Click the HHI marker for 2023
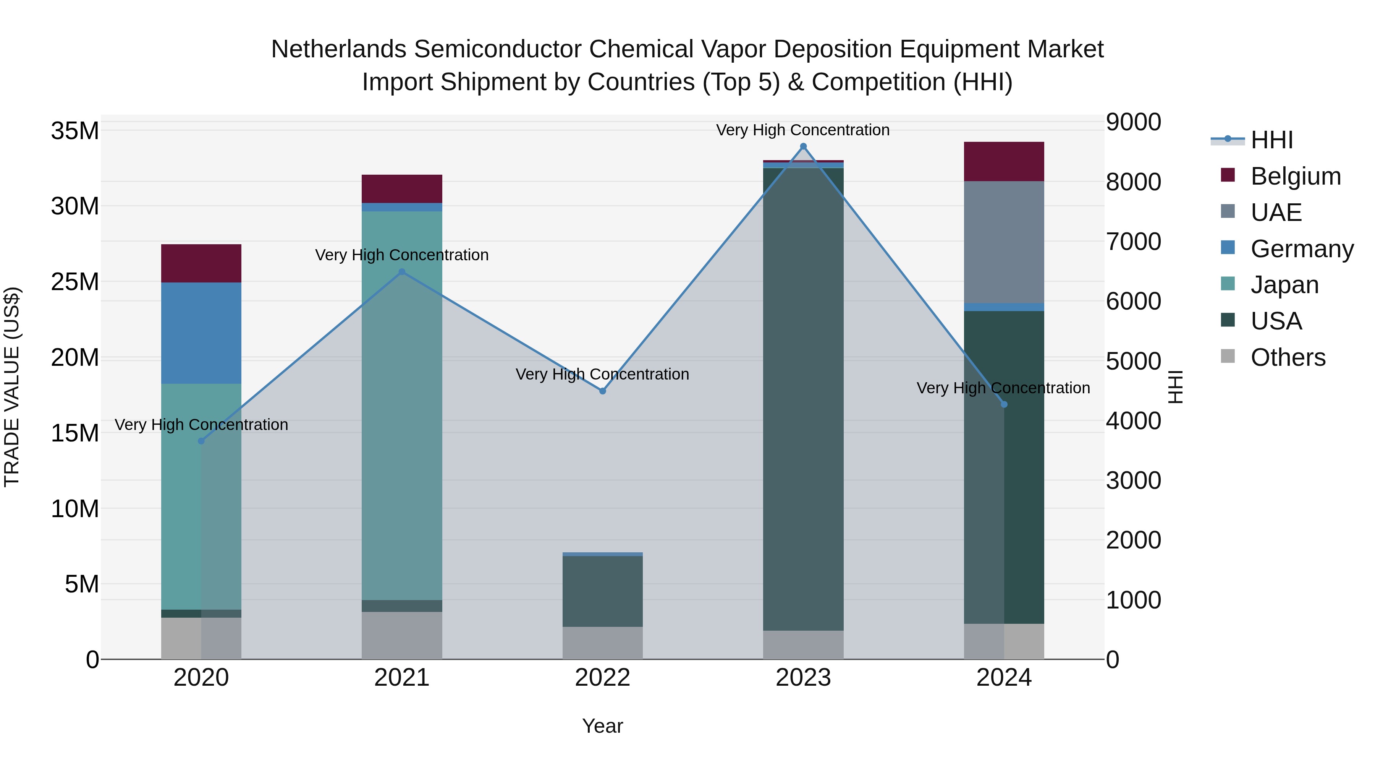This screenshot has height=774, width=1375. pyautogui.click(x=803, y=146)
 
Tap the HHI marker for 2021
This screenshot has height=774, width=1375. pyautogui.click(x=402, y=272)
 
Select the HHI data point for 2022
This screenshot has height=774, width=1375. pyautogui.click(x=603, y=391)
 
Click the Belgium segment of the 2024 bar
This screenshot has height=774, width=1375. pyautogui.click(x=1003, y=161)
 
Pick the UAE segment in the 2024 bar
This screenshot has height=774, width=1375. pyautogui.click(x=1003, y=242)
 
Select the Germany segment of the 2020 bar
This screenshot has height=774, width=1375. pyautogui.click(x=201, y=333)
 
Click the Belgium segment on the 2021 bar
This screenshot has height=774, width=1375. pyautogui.click(x=402, y=188)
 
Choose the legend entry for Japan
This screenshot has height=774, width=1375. pyautogui.click(x=1284, y=285)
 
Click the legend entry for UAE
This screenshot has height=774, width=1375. pyautogui.click(x=1276, y=212)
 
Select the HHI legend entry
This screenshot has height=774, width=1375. pyautogui.click(x=1271, y=140)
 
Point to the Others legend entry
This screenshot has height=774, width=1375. pyautogui.click(x=1288, y=357)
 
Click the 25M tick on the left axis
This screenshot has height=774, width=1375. pyautogui.click(x=75, y=281)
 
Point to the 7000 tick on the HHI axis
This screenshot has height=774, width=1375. pyautogui.click(x=1133, y=242)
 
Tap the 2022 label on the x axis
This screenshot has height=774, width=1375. pyautogui.click(x=603, y=678)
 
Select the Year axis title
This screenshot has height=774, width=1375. pyautogui.click(x=603, y=726)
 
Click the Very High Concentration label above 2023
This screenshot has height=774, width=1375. pyautogui.click(x=803, y=130)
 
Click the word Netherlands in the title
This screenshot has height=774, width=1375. pyautogui.click(x=339, y=49)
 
